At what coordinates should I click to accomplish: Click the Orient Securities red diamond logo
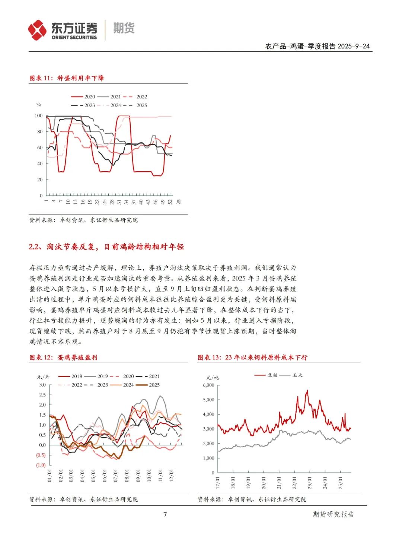pyautogui.click(x=37, y=30)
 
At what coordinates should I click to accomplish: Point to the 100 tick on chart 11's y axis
pyautogui.click(x=39, y=116)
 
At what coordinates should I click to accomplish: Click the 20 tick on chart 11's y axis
pyautogui.click(x=40, y=180)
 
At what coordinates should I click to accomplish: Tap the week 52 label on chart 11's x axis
pyautogui.click(x=170, y=201)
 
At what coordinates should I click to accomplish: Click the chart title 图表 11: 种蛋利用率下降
pyautogui.click(x=67, y=78)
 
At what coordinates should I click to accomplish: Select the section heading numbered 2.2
pyautogui.click(x=106, y=247)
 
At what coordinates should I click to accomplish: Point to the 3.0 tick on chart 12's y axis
pyautogui.click(x=42, y=385)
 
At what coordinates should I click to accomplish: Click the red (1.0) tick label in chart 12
pyautogui.click(x=41, y=465)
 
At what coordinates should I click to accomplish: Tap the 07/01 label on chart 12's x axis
pyautogui.click(x=115, y=476)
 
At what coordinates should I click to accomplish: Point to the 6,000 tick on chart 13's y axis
pyautogui.click(x=208, y=385)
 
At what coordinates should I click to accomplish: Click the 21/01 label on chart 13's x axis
pyautogui.click(x=279, y=483)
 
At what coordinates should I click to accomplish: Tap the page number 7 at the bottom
pyautogui.click(x=165, y=514)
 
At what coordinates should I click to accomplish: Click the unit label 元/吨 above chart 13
pyautogui.click(x=213, y=377)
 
